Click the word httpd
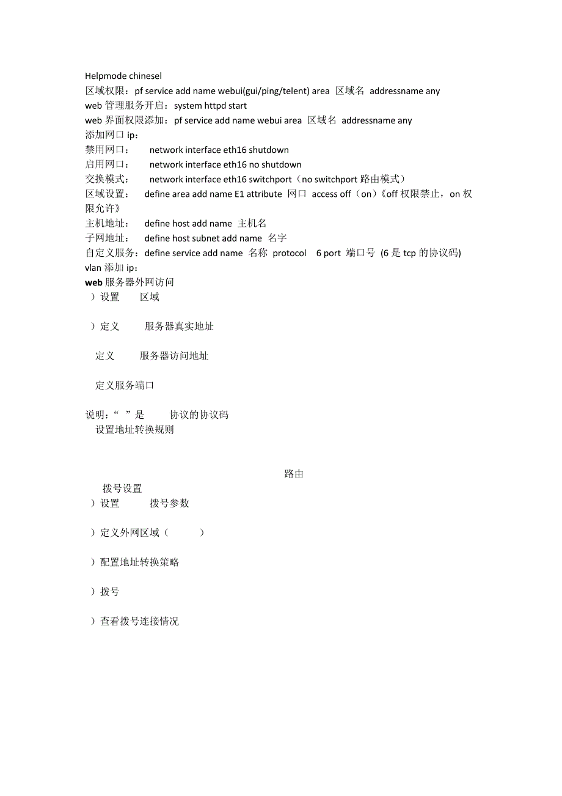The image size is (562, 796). coord(216,106)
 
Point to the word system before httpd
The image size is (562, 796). coord(188,106)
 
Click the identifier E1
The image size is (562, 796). coord(239,194)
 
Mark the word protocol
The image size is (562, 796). coord(290,253)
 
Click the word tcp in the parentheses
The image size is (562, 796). coord(411,253)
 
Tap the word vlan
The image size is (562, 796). coord(93,268)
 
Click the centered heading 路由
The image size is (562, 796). coord(294,474)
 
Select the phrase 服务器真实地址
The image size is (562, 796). coord(179,326)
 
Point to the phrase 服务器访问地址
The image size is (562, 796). coord(174,356)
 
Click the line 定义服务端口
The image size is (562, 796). coord(125,385)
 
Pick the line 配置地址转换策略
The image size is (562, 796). coord(139,562)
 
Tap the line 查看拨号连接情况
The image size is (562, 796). coord(139,621)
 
